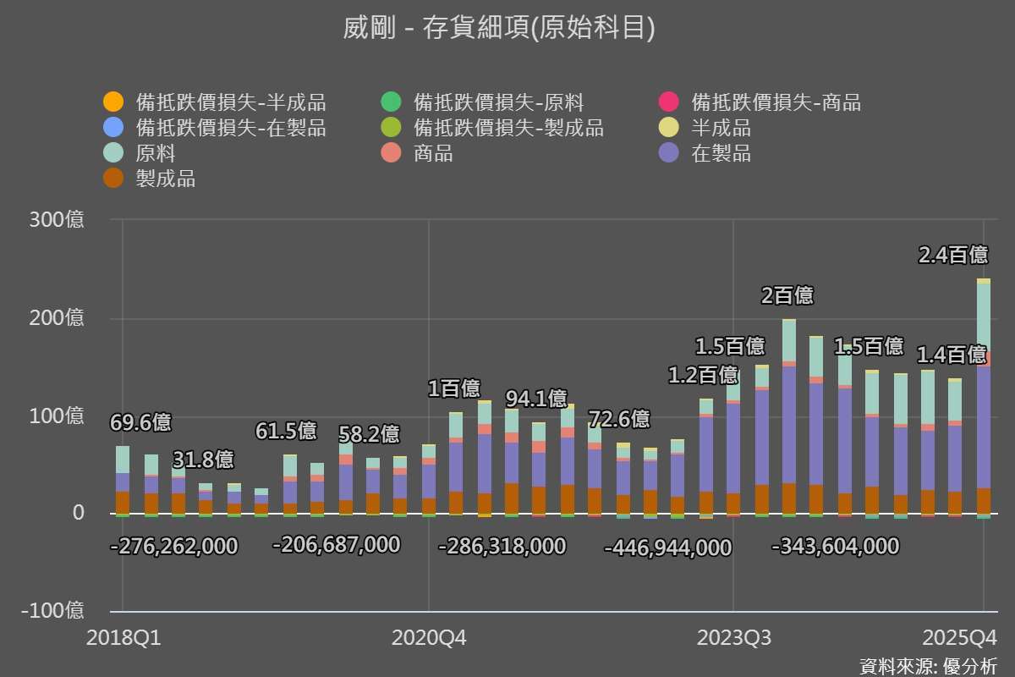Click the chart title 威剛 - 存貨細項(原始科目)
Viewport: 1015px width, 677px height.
pos(499,28)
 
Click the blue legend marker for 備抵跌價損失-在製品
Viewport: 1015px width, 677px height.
pos(113,129)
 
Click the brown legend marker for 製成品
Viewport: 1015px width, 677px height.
pos(113,179)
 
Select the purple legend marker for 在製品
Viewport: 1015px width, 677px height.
pos(669,154)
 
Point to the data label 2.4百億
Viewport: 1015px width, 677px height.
pos(953,255)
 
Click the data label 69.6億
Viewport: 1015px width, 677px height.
pos(140,422)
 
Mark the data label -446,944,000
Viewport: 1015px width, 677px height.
pos(667,548)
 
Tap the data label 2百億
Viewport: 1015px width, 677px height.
pos(787,295)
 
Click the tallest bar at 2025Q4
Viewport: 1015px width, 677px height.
pos(984,398)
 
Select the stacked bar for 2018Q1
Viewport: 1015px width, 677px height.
pos(123,480)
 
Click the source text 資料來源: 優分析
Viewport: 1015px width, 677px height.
pos(928,665)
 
